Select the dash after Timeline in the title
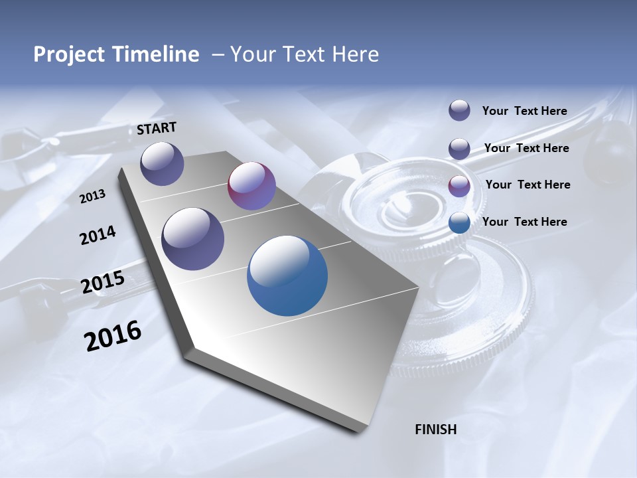click(x=218, y=54)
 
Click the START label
click(x=157, y=128)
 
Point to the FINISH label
click(x=436, y=430)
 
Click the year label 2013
click(x=93, y=197)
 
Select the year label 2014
click(x=98, y=236)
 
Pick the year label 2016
click(x=113, y=336)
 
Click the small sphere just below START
click(x=162, y=163)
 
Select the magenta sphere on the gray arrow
click(x=251, y=186)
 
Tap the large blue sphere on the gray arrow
click(x=287, y=276)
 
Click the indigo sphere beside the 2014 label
click(x=193, y=239)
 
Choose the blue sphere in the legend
click(x=459, y=222)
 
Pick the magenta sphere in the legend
click(x=459, y=186)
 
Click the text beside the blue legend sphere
click(x=524, y=222)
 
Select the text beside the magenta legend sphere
click(x=528, y=185)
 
